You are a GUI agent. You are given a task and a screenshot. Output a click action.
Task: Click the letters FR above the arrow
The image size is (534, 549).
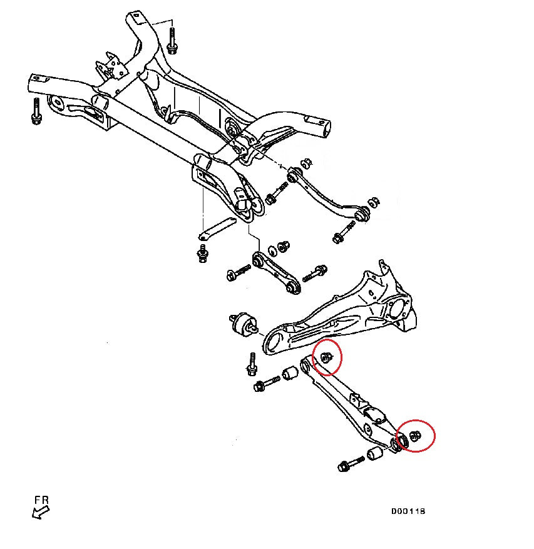[41, 500]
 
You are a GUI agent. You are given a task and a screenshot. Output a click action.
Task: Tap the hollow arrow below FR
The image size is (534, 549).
[41, 513]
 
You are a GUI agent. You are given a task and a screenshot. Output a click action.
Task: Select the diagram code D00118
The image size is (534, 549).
[408, 511]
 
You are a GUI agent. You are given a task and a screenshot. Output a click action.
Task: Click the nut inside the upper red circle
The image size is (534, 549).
[326, 357]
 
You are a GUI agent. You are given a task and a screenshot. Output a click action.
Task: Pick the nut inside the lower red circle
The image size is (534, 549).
[415, 436]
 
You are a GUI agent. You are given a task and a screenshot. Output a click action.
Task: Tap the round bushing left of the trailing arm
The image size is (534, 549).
[242, 324]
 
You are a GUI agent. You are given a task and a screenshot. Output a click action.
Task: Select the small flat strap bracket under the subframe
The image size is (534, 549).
[216, 228]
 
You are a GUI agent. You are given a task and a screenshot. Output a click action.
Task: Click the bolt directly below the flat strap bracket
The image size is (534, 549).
[202, 254]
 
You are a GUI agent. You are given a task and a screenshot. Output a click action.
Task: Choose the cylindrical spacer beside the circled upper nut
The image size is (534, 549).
[289, 374]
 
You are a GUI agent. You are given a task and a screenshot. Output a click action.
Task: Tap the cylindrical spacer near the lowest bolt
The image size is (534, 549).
[376, 452]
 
